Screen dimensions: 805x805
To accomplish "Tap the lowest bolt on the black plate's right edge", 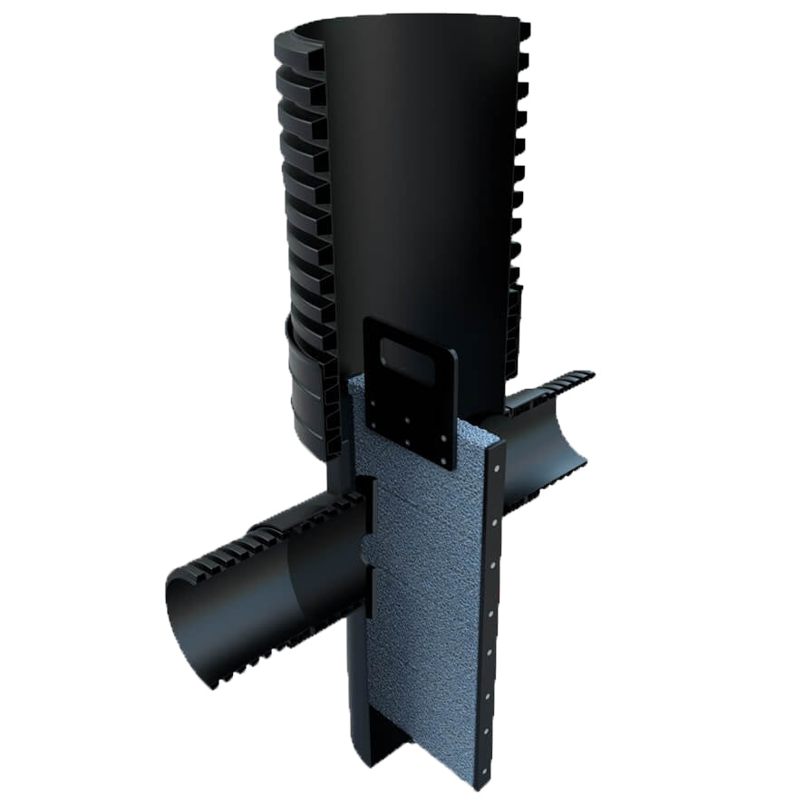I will point(445,461).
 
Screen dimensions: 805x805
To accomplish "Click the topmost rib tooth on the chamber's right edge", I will point(524,31).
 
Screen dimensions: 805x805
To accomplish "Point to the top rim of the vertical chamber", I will point(408,20).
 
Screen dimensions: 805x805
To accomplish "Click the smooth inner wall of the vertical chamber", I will point(417,181).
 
